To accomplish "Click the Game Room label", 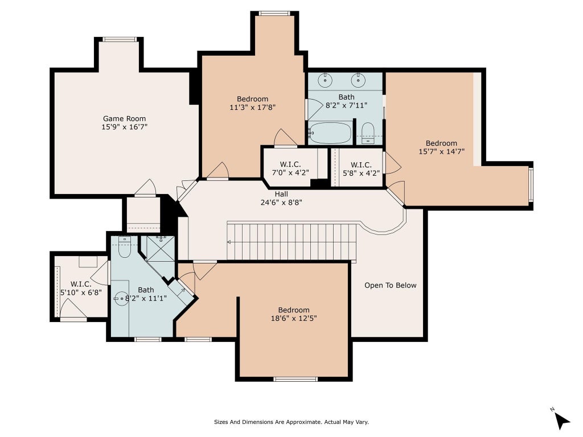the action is pos(124,118).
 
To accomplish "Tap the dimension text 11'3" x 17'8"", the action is pos(252,108).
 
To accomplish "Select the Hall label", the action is pos(281,193).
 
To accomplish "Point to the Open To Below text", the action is pos(391,286).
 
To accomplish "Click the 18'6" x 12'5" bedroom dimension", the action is pos(294,318).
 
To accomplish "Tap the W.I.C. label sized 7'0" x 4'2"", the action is pos(290,164).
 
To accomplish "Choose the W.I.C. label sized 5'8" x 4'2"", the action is pos(360,164).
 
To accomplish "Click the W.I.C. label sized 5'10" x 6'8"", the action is pos(81,285).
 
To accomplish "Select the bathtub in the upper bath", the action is pos(330,133).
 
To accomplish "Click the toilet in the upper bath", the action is pos(368,133).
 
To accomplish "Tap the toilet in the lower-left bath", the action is pos(124,248).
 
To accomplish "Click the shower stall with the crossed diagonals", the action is pos(161,248).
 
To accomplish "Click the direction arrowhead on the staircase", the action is pos(229,242).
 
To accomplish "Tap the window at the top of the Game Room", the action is pos(120,39).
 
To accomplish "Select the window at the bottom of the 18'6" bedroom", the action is pos(295,379).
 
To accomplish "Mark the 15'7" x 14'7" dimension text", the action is pos(442,151).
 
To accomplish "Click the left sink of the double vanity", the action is pos(325,80).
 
